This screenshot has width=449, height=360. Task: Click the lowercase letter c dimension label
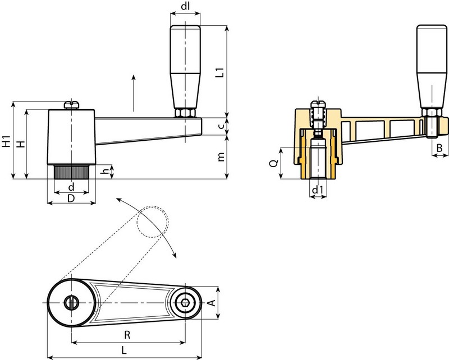pyautogui.click(x=222, y=127)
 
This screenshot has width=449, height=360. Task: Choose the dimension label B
pyautogui.click(x=440, y=147)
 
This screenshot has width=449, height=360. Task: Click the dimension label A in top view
pyautogui.click(x=211, y=303)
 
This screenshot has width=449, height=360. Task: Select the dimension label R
pyautogui.click(x=127, y=336)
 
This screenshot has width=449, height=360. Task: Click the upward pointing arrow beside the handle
pyautogui.click(x=134, y=93)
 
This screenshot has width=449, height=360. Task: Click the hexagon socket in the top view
pyautogui.click(x=185, y=303)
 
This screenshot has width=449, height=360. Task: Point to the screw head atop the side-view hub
pyautogui.click(x=71, y=104)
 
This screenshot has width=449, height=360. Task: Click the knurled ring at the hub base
pyautogui.click(x=71, y=171)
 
